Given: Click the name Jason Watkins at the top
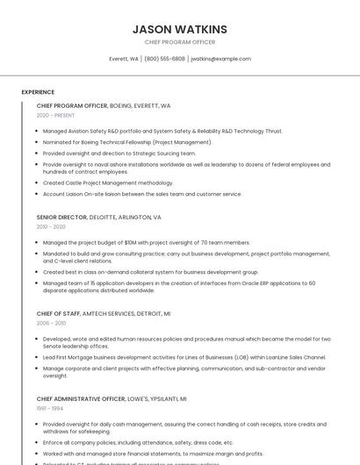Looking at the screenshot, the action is (x=179, y=29).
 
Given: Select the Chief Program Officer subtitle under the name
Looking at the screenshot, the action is (x=179, y=42).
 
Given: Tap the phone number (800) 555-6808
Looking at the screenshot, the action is (x=164, y=59).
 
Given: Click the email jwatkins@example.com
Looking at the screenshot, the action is (x=220, y=59).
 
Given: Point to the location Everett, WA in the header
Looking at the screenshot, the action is (x=123, y=59).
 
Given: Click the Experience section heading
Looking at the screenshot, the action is (x=38, y=92).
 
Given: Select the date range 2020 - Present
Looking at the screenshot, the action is (x=55, y=115).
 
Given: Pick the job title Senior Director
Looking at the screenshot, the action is (x=61, y=217).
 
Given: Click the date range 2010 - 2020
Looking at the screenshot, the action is (x=51, y=226).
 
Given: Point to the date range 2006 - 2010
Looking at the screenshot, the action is (x=51, y=323).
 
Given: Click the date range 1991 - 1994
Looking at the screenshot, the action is (x=50, y=408).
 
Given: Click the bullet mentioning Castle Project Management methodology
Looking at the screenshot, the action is (x=108, y=183).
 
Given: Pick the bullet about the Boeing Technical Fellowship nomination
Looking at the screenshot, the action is (x=127, y=141).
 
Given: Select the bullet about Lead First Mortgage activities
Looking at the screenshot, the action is (x=184, y=357).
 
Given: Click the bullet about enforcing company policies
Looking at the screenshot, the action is (x=138, y=443).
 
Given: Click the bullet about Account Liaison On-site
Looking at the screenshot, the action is (x=141, y=194).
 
